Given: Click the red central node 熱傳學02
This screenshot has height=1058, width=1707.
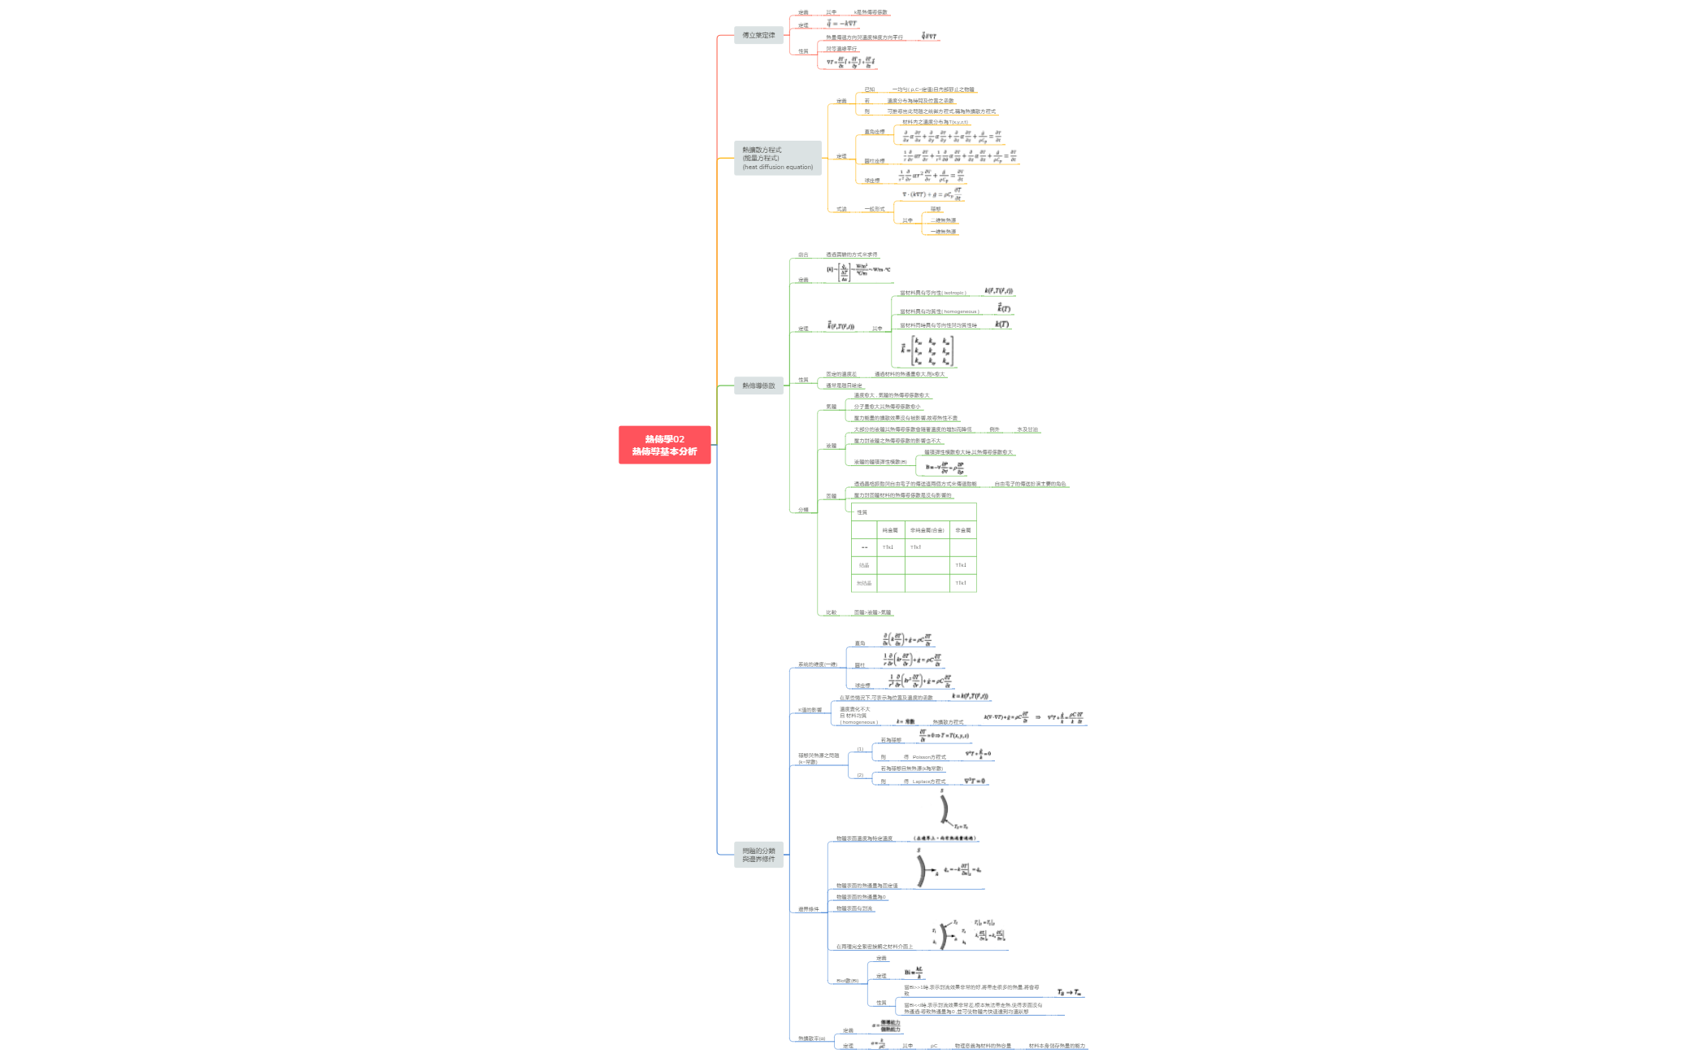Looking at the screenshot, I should (x=664, y=445).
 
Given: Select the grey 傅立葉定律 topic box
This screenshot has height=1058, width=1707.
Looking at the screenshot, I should (x=758, y=35).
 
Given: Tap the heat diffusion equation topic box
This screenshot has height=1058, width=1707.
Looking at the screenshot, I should (x=777, y=158).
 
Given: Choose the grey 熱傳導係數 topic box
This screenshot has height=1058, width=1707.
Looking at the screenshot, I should (x=758, y=385).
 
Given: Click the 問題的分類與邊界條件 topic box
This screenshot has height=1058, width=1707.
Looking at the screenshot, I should (x=758, y=855).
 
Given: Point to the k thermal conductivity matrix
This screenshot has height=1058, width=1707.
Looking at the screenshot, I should (x=927, y=350).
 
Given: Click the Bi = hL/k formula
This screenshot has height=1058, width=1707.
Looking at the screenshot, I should (x=914, y=972).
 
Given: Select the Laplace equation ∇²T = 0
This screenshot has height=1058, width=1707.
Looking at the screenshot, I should (x=975, y=781).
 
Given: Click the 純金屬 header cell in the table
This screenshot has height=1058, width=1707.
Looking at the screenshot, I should (x=890, y=530).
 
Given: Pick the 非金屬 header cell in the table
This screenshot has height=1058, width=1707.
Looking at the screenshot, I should (x=962, y=530).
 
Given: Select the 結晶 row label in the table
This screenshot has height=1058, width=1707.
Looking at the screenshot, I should (x=864, y=565).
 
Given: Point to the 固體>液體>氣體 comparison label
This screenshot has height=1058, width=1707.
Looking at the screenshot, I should (x=872, y=612).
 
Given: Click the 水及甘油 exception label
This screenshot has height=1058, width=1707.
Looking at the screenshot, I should (x=1027, y=429).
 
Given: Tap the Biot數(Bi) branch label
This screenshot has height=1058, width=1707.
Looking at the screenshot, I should (x=847, y=981).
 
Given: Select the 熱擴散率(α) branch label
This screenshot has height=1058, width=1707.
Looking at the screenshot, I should (x=811, y=1038).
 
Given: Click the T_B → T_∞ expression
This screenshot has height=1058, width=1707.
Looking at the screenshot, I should (x=1069, y=992).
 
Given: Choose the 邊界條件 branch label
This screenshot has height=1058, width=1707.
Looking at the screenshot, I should (x=808, y=909).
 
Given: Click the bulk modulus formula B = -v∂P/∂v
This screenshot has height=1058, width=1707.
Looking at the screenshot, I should (x=945, y=467).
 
